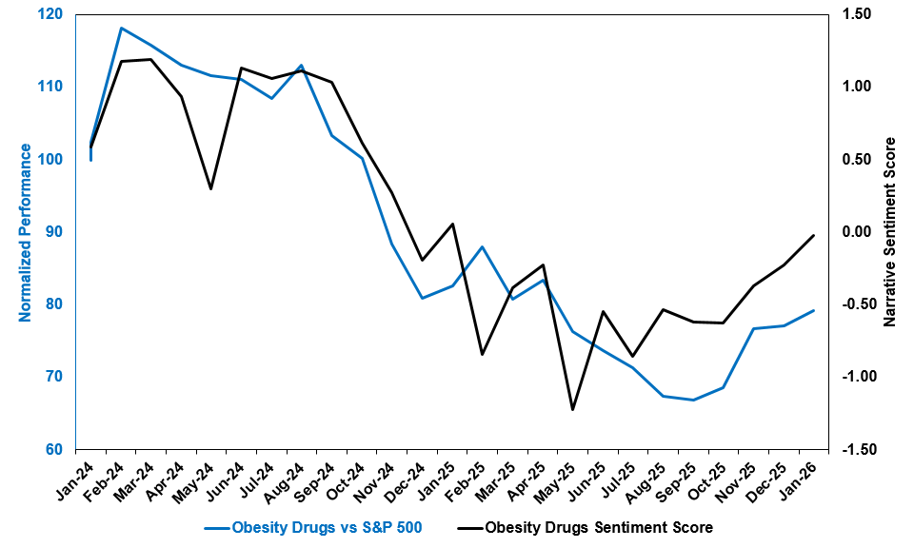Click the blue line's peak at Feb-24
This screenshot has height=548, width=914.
121,29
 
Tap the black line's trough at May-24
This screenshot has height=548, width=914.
211,188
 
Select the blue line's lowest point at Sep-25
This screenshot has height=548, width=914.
693,400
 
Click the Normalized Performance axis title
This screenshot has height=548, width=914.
26,232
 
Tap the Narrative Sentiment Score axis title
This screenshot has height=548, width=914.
890,232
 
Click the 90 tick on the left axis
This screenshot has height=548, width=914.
54,231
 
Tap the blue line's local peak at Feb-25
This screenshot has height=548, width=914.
483,247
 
